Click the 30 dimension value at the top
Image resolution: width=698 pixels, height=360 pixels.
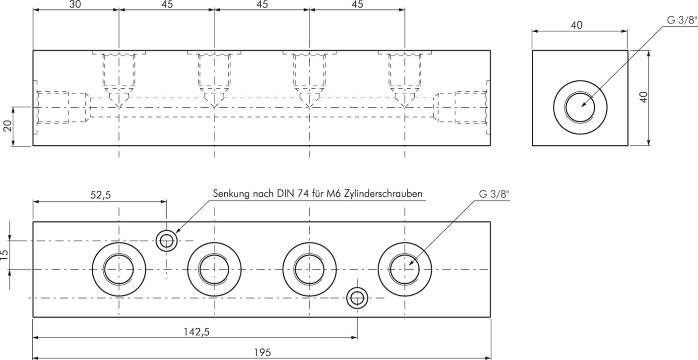pos(75,4)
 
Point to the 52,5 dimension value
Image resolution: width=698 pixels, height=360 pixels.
pos(100,195)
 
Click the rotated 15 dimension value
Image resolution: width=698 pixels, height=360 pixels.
pos(5,255)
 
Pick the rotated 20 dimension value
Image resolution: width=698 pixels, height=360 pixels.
pos(7,126)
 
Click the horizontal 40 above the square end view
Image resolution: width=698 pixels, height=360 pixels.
pos(576,25)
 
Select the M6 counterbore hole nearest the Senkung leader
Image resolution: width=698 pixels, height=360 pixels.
pos(167,241)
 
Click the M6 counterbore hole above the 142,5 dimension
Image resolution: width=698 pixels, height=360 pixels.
pos(357,298)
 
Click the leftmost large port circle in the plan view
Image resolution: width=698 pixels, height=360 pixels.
pos(119,270)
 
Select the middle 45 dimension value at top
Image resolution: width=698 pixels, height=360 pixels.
pos(261,4)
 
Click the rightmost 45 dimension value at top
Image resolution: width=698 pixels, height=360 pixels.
pos(357,4)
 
